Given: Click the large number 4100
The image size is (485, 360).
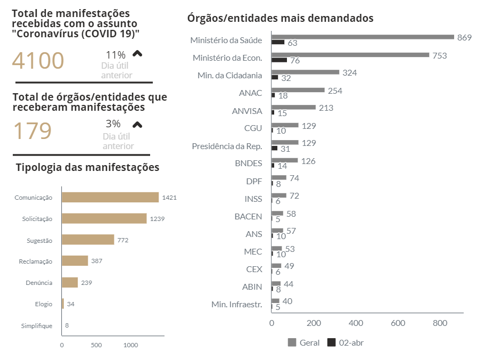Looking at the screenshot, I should pos(38,61).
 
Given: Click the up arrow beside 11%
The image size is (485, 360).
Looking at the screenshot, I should pos(137,54).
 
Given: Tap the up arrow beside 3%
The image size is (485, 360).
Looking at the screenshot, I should pos(137,125).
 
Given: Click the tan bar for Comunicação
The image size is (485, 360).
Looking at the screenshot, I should pos(110,197).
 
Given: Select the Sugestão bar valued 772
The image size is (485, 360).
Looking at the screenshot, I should pos(88,240).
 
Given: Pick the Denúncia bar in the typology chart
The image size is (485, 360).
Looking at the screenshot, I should pos(70,282).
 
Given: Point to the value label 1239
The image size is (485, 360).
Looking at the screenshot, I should pos(157,219).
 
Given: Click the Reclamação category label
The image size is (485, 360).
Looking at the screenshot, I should pos(36,261).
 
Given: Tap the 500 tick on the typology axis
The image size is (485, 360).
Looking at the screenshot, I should pos(96,345).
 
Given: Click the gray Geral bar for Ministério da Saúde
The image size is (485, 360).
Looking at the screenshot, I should pos(363,37).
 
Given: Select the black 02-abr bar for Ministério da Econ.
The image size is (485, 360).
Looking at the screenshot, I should pos(279,60).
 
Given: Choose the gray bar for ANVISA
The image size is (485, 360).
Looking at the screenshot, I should pos(293,108).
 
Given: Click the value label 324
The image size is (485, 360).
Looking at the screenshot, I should pos(349,73).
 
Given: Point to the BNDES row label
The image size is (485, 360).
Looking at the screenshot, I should pos(248,163).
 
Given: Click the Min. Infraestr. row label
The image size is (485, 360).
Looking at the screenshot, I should pos(236,305).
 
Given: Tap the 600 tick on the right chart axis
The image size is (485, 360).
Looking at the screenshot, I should pos(398,323).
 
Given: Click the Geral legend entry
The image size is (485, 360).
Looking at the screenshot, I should pos(304,342).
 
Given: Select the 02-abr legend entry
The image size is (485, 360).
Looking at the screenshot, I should pos(346,342).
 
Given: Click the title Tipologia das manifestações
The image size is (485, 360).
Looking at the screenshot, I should pos(88,167).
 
